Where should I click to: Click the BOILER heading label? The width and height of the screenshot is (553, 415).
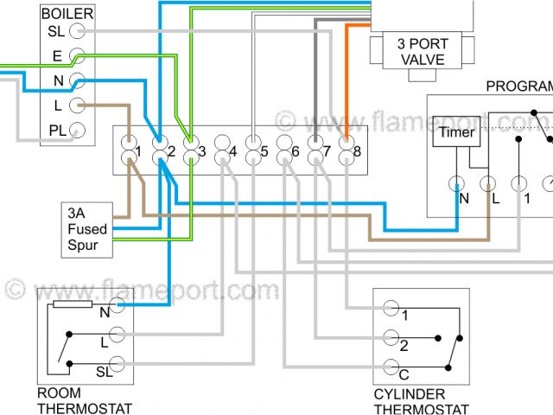(67, 15)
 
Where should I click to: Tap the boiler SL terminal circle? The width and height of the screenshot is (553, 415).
(78, 32)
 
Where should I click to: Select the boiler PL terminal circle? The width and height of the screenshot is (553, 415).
(78, 131)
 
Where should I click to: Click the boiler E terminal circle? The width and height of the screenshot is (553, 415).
(78, 57)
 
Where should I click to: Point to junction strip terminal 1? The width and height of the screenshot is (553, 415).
(128, 152)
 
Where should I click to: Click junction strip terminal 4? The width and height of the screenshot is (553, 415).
(222, 152)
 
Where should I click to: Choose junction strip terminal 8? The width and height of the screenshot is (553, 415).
(346, 152)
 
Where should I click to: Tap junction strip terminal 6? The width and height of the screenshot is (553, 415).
(284, 152)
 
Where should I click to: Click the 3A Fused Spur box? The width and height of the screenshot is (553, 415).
(87, 229)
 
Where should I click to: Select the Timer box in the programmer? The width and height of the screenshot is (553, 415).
(455, 132)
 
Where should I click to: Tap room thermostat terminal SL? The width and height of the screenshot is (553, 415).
(118, 365)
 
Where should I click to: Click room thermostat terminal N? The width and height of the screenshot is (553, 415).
(118, 312)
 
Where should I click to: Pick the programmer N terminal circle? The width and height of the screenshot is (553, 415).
(456, 184)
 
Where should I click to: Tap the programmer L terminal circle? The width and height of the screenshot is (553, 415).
(487, 184)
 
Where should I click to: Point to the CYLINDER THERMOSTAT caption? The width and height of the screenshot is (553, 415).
(421, 401)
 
